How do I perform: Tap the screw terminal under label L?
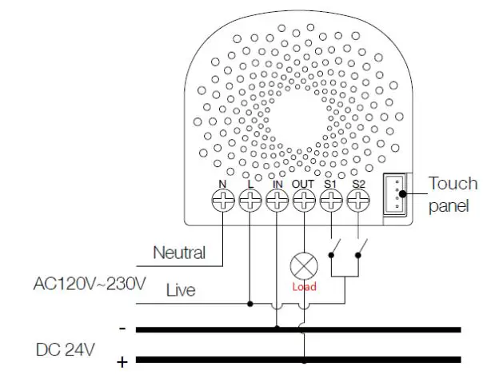[x=251, y=201]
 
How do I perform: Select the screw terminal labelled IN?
[x=277, y=201]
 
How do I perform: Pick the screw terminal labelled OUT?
[x=303, y=201]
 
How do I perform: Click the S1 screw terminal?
[x=330, y=201]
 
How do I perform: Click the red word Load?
[x=304, y=287]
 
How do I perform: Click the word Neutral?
[x=179, y=253]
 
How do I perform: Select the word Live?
[x=181, y=290]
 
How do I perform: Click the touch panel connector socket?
[x=394, y=193]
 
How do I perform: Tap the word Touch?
[x=453, y=184]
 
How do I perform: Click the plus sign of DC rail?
[x=122, y=362]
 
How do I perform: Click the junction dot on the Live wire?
[x=251, y=304]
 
